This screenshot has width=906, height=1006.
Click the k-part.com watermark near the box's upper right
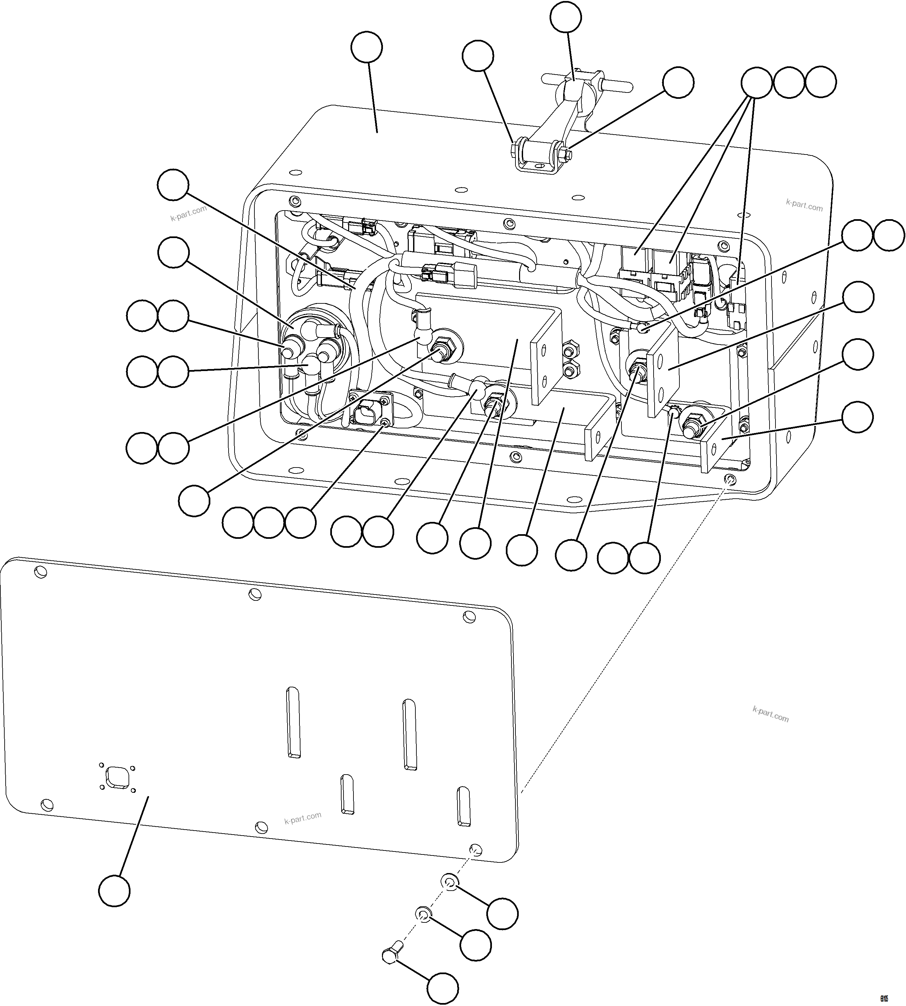point(804,205)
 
